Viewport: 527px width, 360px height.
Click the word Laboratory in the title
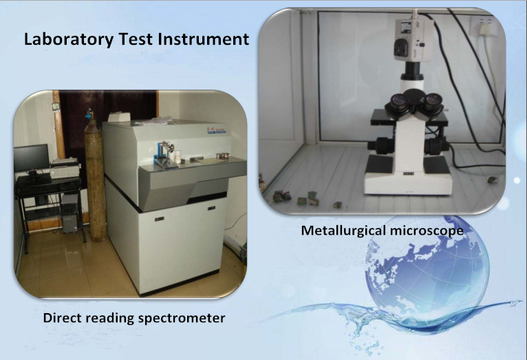[x=69, y=40]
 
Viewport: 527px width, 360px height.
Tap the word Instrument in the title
[x=204, y=39]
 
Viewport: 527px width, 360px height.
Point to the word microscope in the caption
[x=427, y=231]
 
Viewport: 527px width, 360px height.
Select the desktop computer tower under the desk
[x=69, y=213]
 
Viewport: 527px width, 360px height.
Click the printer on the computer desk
[x=65, y=167]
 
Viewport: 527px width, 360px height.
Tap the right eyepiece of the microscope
[x=432, y=103]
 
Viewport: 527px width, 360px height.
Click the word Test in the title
[x=136, y=39]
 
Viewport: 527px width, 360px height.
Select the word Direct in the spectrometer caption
[x=61, y=317]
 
